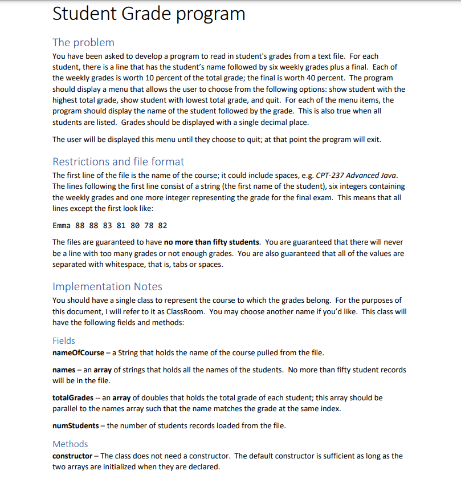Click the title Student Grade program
(x=149, y=14)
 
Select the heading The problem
(x=83, y=42)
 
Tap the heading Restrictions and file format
(x=118, y=161)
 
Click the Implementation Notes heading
(x=107, y=286)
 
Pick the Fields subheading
(x=63, y=340)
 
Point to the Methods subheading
(x=70, y=444)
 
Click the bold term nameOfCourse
(x=77, y=352)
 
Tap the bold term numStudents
(x=76, y=425)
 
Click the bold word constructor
(x=72, y=456)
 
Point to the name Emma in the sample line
(x=62, y=225)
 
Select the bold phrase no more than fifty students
(x=211, y=242)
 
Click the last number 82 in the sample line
(x=162, y=225)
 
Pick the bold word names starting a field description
(x=63, y=370)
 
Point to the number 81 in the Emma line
(x=120, y=225)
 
